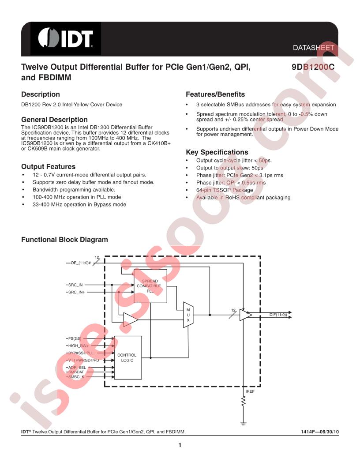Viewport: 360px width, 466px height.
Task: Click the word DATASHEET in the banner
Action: coord(313,48)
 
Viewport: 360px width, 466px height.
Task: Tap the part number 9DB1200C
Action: coord(313,67)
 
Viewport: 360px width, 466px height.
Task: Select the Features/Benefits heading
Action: coord(215,94)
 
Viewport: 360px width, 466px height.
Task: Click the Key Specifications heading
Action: coord(217,152)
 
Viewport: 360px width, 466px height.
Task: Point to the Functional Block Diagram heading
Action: coord(64,240)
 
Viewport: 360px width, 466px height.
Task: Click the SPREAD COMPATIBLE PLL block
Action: coord(150,286)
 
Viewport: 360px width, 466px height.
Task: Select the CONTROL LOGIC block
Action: coord(128,357)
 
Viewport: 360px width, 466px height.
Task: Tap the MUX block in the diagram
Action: coord(188,315)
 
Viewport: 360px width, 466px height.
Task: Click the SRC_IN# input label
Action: coord(76,292)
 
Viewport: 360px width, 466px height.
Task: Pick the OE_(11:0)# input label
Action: coord(80,263)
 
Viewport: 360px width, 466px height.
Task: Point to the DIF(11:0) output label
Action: coord(278,315)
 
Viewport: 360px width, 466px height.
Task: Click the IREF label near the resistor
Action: coord(250,391)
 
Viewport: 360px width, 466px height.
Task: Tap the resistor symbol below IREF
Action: coord(243,401)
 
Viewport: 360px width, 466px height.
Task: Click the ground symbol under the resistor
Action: coord(243,424)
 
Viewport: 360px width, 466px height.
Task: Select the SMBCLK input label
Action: coord(76,377)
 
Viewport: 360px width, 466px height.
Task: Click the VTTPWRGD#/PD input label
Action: coord(84,360)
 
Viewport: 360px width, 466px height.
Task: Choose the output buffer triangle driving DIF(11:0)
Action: coord(245,315)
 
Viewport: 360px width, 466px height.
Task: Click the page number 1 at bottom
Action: coord(180,445)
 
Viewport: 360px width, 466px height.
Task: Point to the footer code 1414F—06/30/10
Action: coord(319,432)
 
